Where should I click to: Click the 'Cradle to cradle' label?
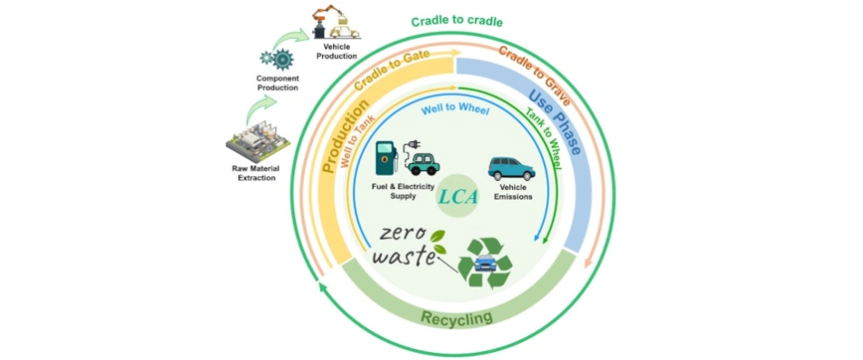click(x=457, y=21)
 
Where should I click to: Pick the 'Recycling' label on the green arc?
click(x=456, y=317)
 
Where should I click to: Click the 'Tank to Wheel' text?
click(x=542, y=138)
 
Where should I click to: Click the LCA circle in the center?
click(x=457, y=195)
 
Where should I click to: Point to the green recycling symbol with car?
click(x=484, y=261)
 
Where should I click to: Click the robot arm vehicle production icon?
click(x=335, y=23)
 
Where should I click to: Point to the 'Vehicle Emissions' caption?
click(x=512, y=192)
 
